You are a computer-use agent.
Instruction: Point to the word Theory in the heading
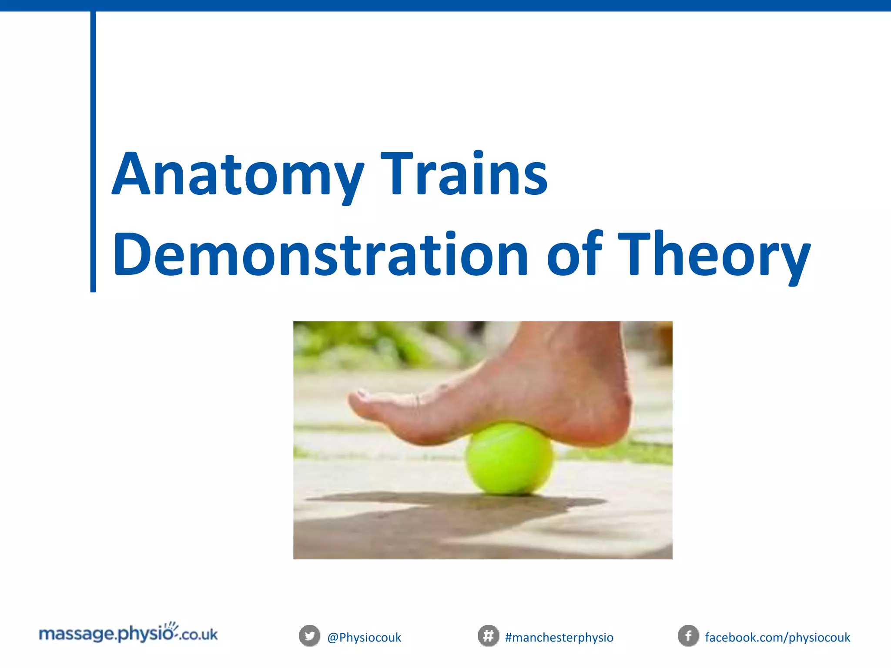713,257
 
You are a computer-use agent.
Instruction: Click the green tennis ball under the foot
509,461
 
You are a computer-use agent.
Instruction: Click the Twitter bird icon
309,636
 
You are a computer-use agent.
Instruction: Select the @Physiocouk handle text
364,638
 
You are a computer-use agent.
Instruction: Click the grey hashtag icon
488,636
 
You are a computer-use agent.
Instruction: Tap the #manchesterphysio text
559,638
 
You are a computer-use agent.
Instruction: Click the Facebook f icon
688,636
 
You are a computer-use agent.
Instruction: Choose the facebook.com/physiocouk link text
777,638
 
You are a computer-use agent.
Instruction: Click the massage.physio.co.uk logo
128,634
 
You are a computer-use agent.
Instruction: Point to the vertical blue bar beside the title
93,152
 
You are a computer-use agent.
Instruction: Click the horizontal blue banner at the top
445,5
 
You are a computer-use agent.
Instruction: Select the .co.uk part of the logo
198,635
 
